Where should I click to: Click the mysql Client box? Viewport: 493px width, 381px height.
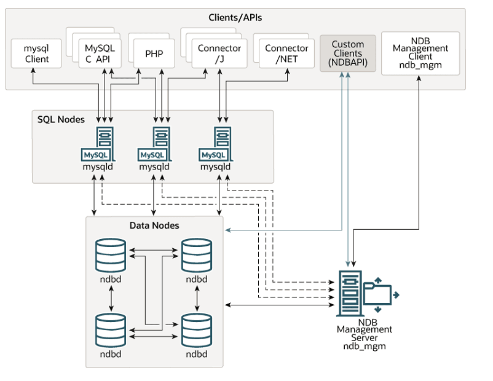coord(37,53)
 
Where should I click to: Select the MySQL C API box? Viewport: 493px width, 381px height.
coord(100,53)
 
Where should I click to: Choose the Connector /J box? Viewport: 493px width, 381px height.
coord(219,53)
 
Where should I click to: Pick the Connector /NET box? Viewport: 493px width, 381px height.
coord(286,53)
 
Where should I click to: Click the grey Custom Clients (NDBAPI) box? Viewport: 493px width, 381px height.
coord(348,53)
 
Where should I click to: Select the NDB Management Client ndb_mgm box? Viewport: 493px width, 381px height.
coord(420,53)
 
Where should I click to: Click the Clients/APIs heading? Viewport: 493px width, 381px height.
coord(234,17)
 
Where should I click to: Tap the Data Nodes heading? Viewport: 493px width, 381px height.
coord(154,226)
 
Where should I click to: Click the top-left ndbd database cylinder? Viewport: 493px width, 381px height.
coord(111,255)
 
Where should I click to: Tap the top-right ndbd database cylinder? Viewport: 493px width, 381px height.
coord(196,255)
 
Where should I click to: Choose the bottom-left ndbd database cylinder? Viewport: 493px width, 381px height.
coord(111,331)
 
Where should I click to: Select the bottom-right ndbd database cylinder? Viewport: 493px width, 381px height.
coord(196,331)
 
